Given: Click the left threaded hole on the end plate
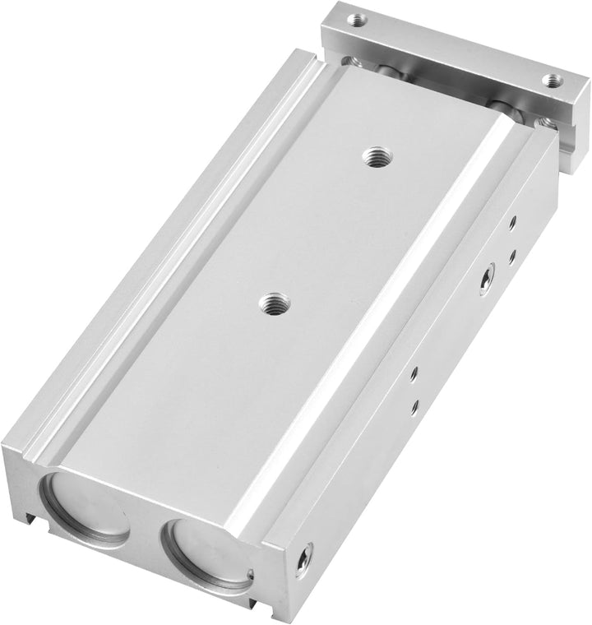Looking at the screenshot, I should click(x=356, y=17).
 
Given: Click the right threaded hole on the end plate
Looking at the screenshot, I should click(x=552, y=81).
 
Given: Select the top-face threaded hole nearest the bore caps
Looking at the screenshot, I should click(x=269, y=304).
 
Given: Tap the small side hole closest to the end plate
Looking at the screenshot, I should click(x=512, y=221).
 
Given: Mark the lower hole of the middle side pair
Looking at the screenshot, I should click(x=414, y=405).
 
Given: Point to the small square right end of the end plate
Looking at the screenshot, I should click(x=571, y=107).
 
